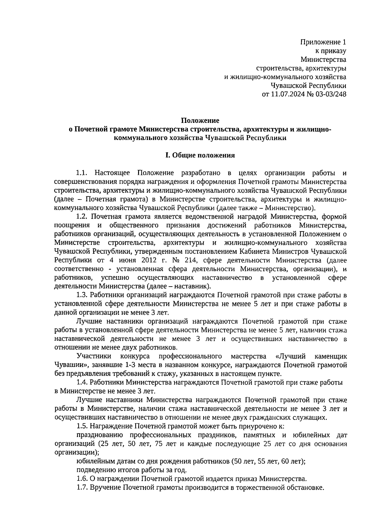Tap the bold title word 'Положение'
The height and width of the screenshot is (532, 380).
click(200, 120)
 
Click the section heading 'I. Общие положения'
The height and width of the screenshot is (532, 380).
click(200, 155)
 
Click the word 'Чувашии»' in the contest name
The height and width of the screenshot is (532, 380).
click(69, 365)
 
